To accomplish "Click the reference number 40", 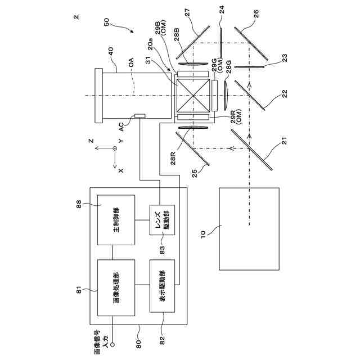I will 110,49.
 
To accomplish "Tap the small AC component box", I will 139,116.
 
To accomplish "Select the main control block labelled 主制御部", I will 116,220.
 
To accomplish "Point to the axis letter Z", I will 97,142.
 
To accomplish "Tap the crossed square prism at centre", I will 195,96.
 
